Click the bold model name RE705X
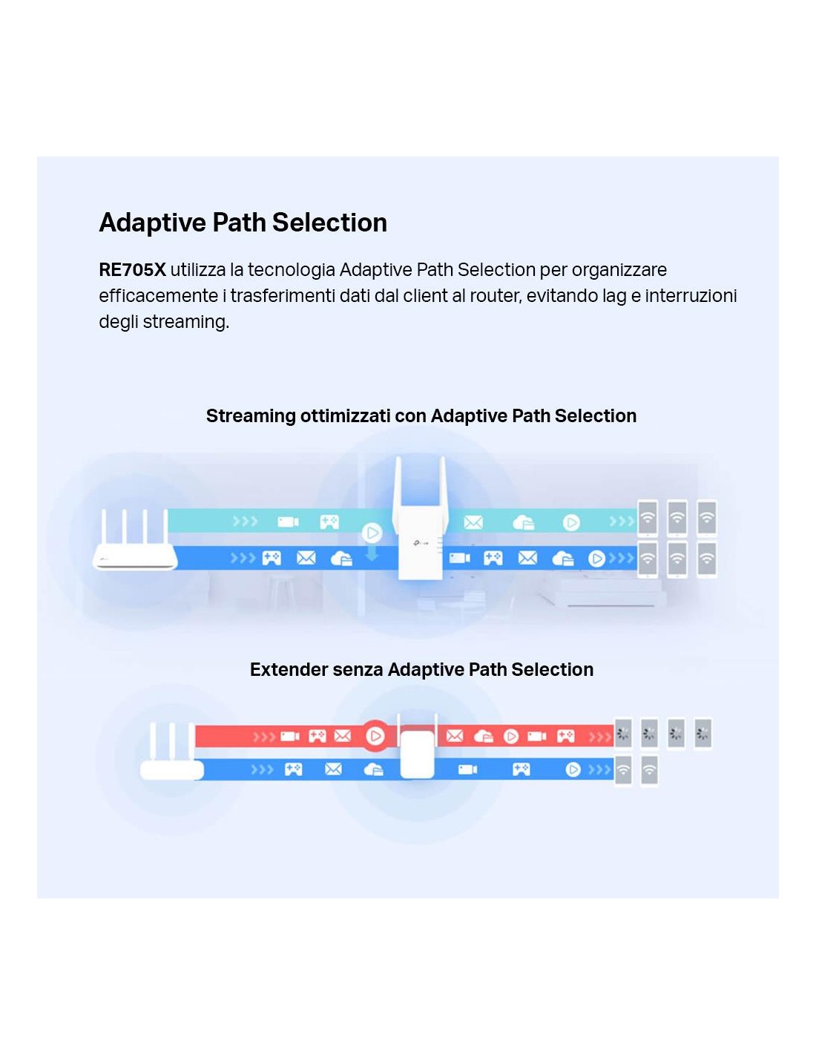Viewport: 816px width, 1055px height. [132, 269]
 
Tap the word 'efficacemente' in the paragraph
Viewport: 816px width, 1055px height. [158, 295]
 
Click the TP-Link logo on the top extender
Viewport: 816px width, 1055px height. [421, 543]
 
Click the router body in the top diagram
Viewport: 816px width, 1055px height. [136, 556]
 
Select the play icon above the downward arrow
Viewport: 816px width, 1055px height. [372, 533]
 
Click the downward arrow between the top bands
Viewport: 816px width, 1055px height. [372, 553]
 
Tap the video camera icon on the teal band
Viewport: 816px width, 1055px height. [288, 522]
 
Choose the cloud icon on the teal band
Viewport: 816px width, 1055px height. [523, 522]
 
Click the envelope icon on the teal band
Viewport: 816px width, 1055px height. [473, 522]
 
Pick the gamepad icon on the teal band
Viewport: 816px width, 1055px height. [329, 522]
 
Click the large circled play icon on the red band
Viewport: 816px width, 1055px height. [375, 736]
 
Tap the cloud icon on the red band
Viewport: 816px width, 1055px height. [483, 736]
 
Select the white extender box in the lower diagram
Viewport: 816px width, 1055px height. [416, 754]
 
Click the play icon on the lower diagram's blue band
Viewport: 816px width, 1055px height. [573, 769]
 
